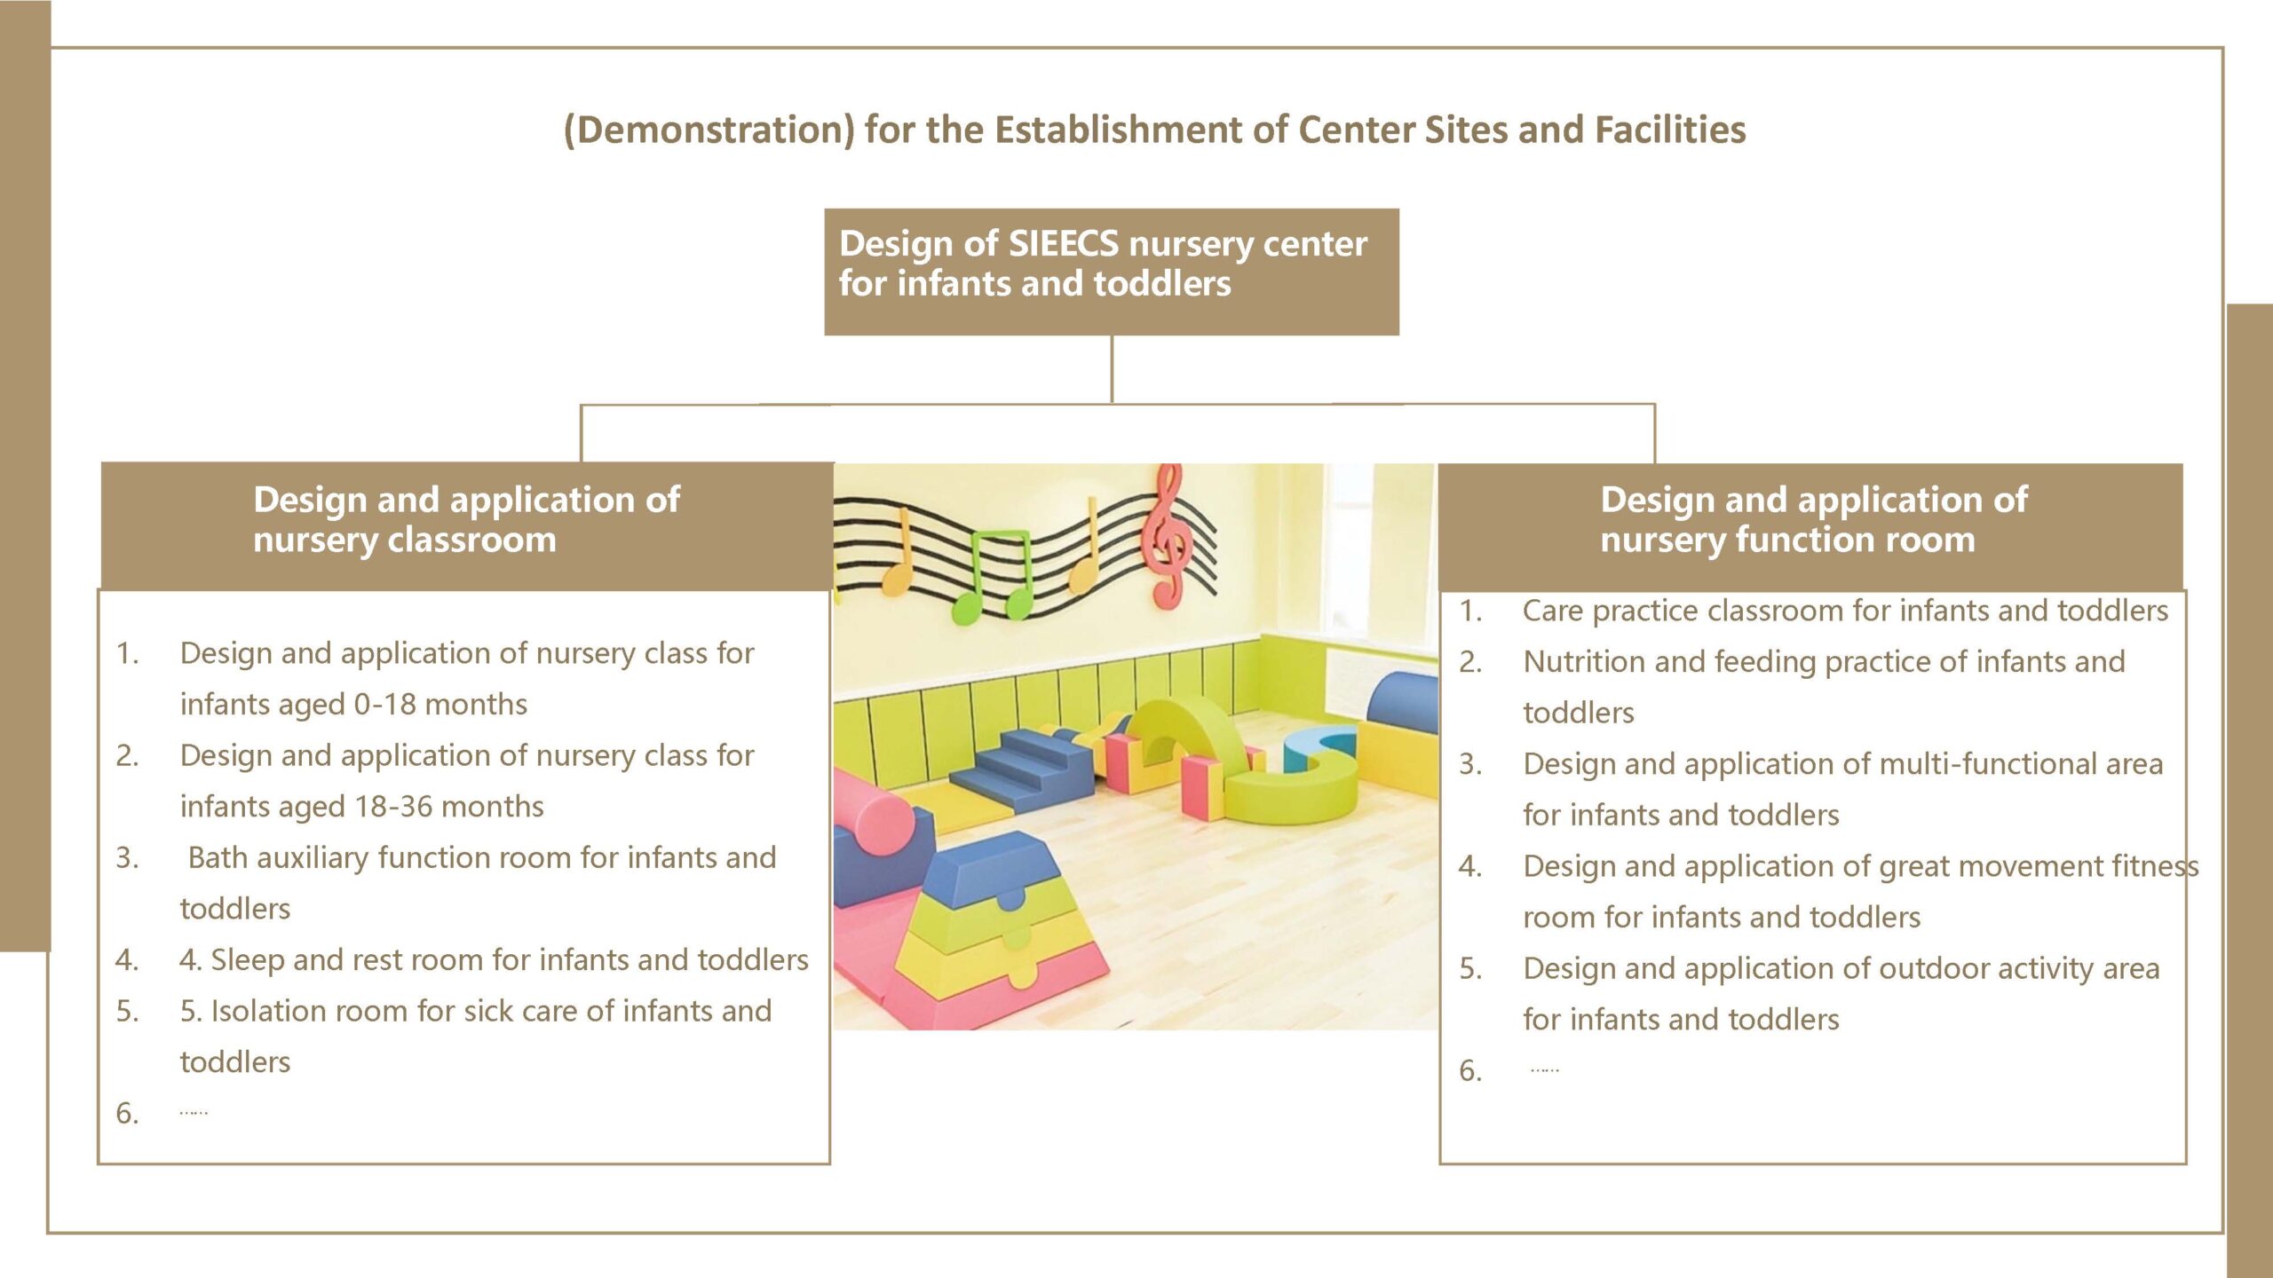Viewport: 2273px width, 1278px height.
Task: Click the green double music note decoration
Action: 995,577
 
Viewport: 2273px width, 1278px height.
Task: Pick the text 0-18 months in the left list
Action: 440,705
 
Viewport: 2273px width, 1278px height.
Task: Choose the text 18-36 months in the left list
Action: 448,807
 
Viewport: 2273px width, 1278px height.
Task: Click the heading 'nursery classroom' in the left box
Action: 405,540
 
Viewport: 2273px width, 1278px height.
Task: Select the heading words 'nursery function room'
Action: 1787,540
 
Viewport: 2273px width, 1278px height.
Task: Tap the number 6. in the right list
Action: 1470,1071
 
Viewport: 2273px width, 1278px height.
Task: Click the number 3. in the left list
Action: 127,858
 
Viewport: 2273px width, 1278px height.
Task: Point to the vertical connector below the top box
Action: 1112,369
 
